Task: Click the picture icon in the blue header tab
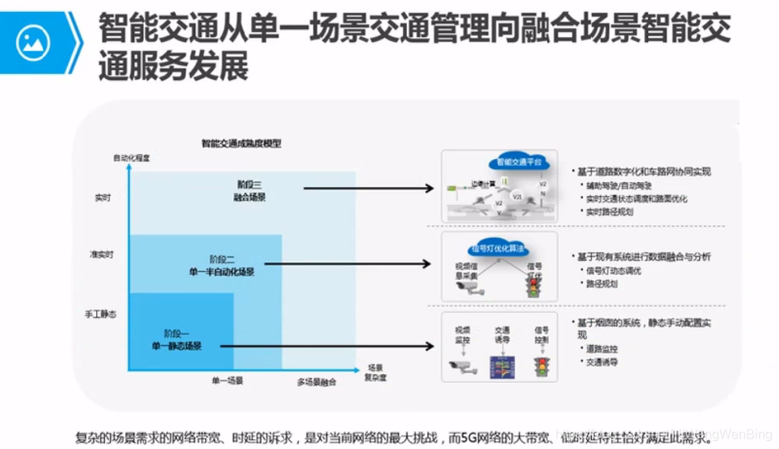coord(33,43)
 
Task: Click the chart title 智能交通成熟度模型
coord(241,143)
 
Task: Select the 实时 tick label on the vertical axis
coord(102,196)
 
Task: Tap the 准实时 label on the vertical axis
coord(101,255)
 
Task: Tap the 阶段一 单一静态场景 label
coord(175,339)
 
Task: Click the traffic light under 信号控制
coord(539,367)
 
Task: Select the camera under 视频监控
coord(463,367)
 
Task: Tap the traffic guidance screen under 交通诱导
coord(502,367)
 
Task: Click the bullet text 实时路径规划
coord(609,212)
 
